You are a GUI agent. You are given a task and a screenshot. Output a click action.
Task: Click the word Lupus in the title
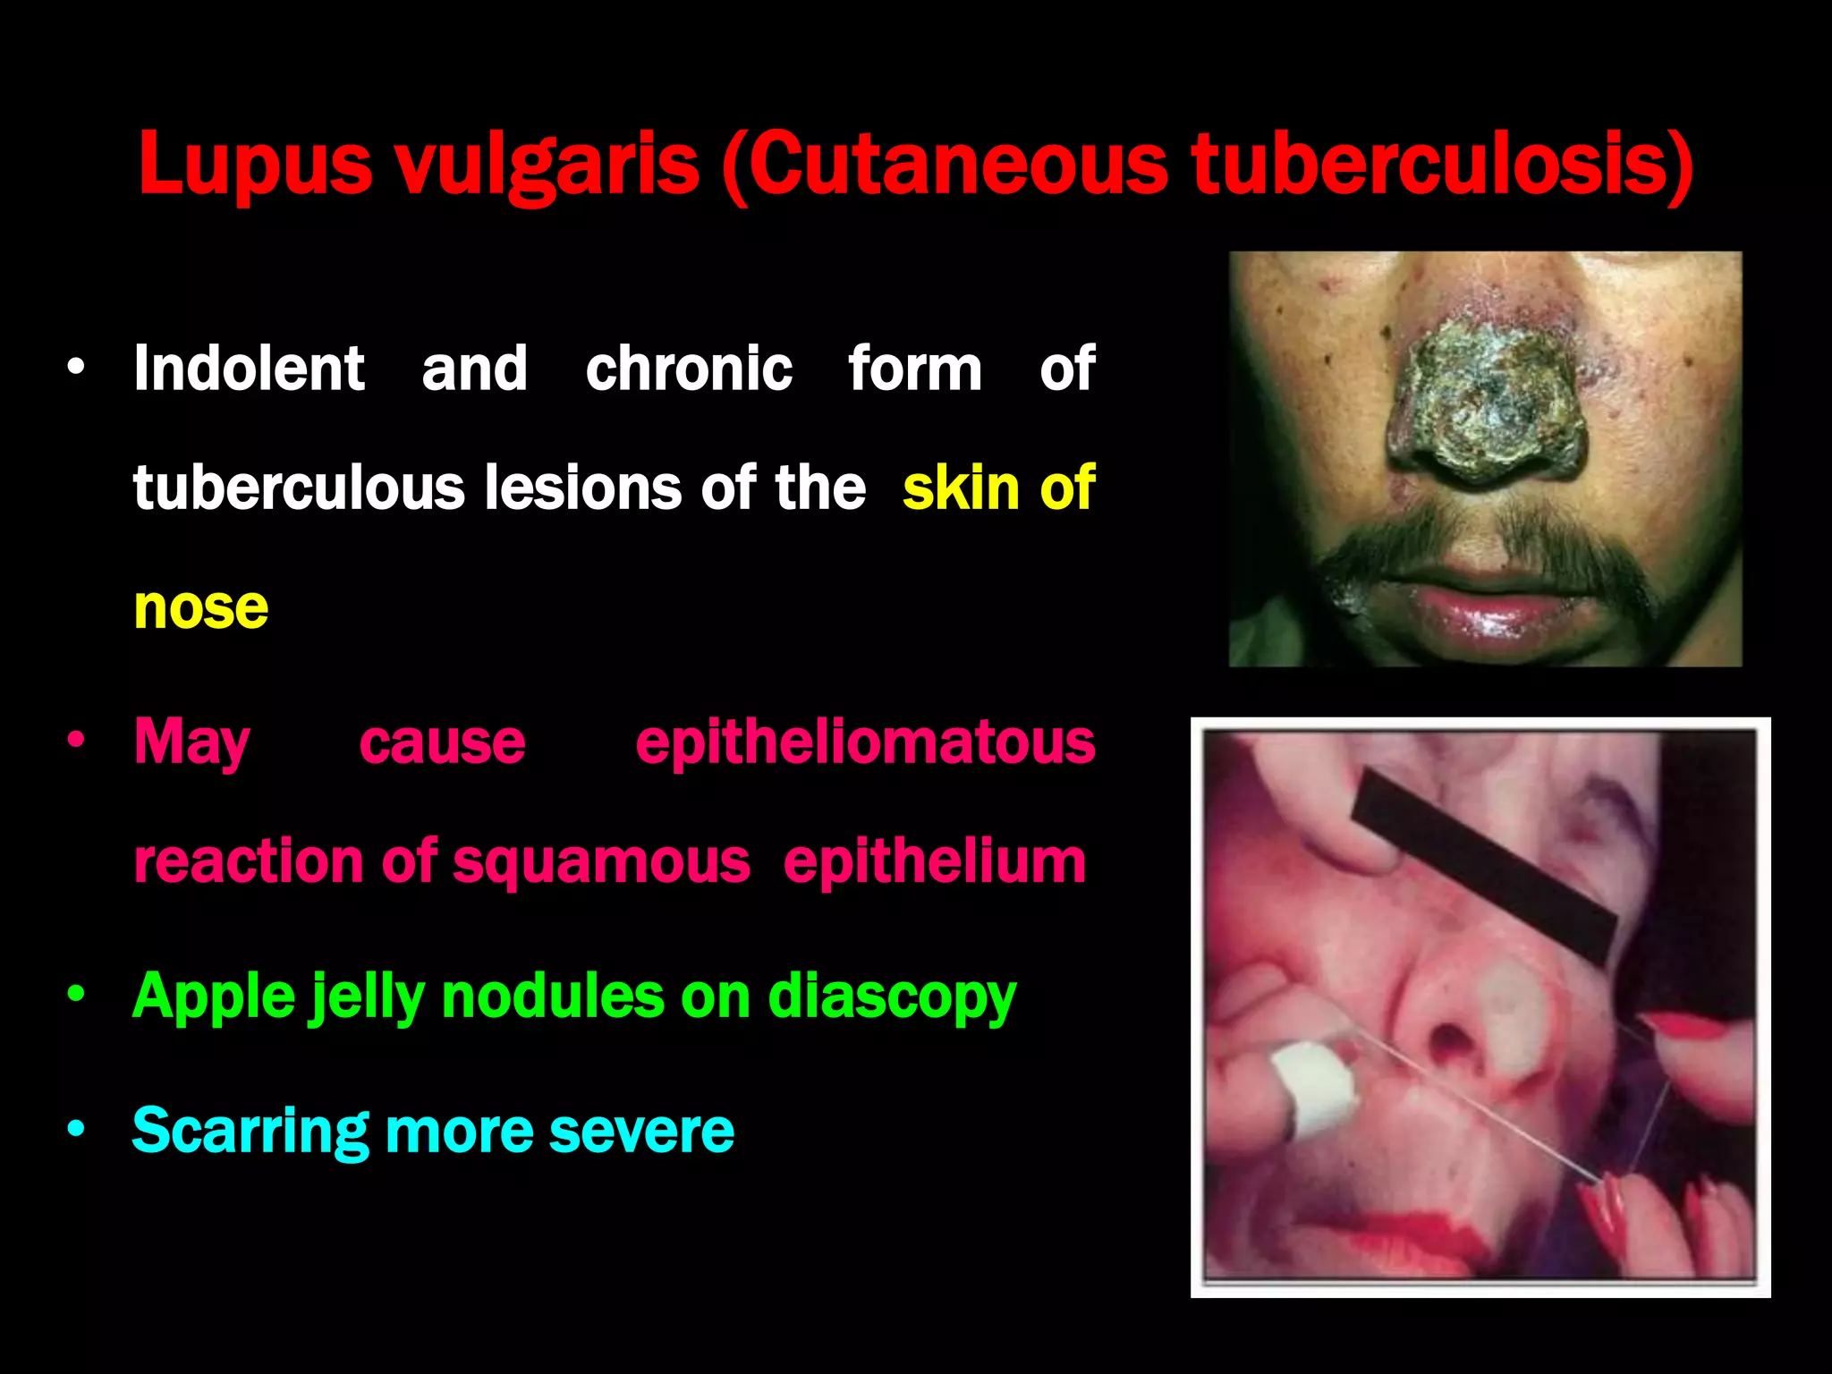[x=254, y=165]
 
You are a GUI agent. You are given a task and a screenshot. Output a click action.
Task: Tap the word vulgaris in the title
[x=547, y=165]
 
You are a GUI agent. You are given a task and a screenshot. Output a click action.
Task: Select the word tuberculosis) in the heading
[x=1442, y=165]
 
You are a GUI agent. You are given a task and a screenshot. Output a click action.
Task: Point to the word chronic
[x=688, y=369]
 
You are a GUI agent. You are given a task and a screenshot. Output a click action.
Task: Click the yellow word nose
[x=200, y=608]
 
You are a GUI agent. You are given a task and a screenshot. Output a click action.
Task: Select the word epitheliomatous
[x=865, y=742]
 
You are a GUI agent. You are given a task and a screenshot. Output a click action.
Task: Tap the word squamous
[x=601, y=861]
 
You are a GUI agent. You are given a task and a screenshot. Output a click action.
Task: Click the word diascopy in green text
[x=892, y=997]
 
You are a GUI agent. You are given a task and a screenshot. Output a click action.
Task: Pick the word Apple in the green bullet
[x=214, y=997]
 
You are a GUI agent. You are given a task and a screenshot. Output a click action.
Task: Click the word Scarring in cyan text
[x=250, y=1131]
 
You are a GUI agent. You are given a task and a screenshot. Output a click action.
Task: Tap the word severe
[x=641, y=1131]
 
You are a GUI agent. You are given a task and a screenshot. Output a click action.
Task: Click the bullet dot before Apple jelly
[x=76, y=994]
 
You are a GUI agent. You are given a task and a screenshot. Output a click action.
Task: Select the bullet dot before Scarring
[x=76, y=1129]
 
